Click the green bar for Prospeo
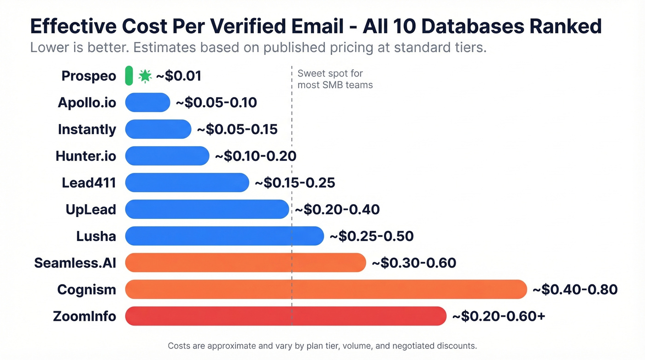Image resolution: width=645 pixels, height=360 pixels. click(129, 76)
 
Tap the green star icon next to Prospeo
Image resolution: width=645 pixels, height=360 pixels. click(145, 76)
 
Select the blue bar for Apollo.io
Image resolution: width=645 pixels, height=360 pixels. click(147, 102)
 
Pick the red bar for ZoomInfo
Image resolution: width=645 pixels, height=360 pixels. click(286, 316)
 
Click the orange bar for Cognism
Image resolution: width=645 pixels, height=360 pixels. click(326, 289)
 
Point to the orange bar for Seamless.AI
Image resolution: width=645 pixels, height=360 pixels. click(246, 263)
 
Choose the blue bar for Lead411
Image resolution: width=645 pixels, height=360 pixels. click(187, 183)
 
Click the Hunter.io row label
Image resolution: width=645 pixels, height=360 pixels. click(86, 156)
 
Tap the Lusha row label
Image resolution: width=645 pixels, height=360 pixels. click(96, 236)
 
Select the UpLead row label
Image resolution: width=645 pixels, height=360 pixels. click(91, 210)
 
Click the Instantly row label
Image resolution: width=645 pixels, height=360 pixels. click(87, 130)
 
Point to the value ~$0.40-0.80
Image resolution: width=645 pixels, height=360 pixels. click(575, 289)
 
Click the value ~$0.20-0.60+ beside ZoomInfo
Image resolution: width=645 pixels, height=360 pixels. click(498, 316)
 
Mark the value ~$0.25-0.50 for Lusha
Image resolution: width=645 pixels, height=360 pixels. click(371, 236)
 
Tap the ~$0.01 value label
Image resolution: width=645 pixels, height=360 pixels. click(179, 76)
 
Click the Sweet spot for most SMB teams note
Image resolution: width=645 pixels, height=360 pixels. click(335, 79)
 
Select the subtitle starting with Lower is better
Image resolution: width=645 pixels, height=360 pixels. click(258, 47)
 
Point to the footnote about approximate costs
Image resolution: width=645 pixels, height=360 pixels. click(322, 345)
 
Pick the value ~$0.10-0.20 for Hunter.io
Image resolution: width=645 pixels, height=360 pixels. click(255, 156)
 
